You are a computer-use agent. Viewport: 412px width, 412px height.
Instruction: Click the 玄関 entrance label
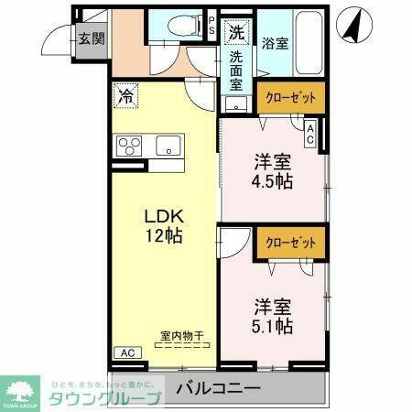coord(90,38)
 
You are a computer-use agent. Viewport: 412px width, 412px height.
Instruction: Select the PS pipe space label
coord(211,25)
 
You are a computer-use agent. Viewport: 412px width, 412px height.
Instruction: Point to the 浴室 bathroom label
coord(274,42)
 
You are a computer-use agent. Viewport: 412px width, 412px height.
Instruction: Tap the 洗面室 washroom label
coord(236,70)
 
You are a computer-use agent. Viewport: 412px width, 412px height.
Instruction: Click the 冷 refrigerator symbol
coord(125,93)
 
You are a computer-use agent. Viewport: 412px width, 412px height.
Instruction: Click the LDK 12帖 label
coord(165,225)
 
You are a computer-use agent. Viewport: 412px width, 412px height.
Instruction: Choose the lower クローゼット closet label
coord(290,243)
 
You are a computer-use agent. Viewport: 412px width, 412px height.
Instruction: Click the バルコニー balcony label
coord(217,389)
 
